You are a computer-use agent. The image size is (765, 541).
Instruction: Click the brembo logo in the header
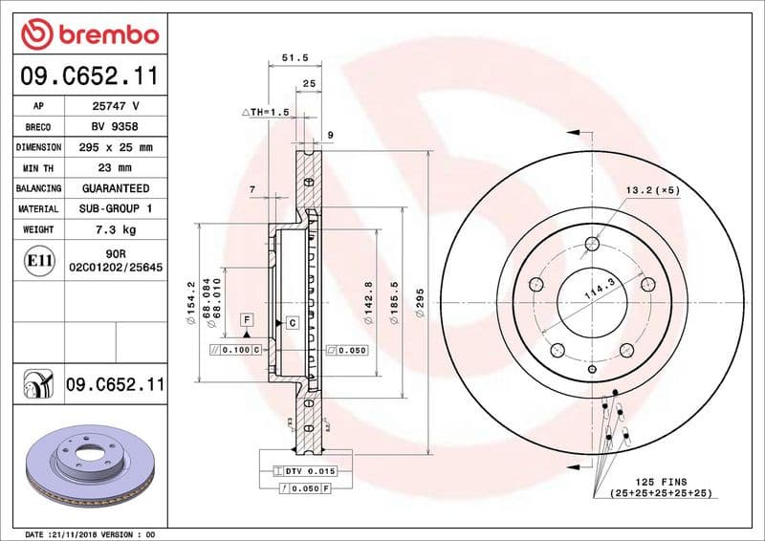coord(89,34)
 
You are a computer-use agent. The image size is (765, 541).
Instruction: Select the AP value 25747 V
coord(115,106)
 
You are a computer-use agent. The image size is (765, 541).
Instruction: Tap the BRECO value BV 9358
coord(115,127)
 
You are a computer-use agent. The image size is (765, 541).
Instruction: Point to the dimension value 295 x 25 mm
coord(115,148)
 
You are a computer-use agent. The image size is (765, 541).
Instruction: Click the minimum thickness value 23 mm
coord(115,168)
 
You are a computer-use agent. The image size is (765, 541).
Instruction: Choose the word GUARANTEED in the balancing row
coord(115,188)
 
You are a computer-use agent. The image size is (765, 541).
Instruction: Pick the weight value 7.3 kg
coord(115,229)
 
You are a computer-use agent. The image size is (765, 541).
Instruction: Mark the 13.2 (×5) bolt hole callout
coord(653,189)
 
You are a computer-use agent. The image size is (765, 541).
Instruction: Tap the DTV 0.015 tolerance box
coord(305,471)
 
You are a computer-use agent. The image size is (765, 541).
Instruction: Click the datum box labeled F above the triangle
coord(247,317)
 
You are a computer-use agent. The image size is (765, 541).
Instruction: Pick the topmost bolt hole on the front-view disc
coord(592,245)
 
